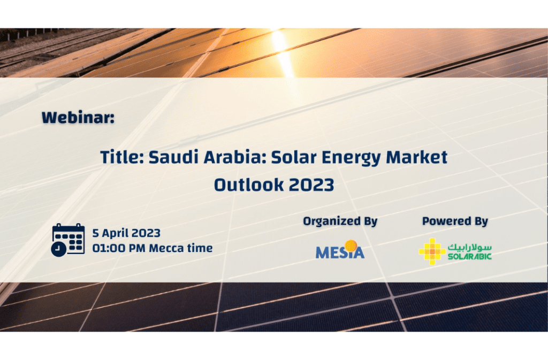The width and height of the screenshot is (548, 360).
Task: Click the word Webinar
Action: coord(78,117)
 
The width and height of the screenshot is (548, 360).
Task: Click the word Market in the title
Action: coord(416,157)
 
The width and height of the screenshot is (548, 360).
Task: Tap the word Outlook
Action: coord(249,185)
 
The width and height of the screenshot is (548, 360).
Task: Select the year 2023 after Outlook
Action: coord(312,185)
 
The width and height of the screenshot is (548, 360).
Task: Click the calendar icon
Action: coord(68,240)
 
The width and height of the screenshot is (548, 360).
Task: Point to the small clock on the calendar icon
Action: coord(59,249)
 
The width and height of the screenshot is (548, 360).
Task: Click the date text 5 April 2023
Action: coord(126,233)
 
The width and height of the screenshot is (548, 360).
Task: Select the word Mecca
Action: coord(166,248)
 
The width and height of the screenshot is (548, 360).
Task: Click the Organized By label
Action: coord(340,221)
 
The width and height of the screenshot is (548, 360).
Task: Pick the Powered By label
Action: coord(455,221)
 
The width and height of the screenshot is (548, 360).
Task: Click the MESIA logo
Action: coord(340,249)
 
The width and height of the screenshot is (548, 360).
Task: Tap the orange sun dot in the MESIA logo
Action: coord(351,245)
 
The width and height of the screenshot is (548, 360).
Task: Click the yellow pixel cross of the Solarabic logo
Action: coord(432,251)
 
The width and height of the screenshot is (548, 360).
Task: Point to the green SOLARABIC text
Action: coord(470,257)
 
